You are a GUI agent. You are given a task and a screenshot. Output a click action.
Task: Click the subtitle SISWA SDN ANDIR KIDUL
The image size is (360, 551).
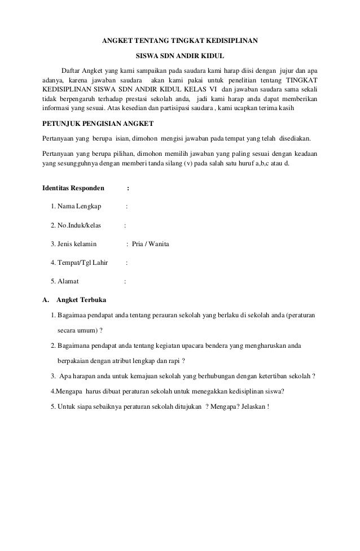pos(180,56)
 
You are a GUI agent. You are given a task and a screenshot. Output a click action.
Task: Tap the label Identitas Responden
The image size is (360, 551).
pos(76,188)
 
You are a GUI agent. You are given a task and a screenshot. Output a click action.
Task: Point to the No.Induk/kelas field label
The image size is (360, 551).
pos(76,225)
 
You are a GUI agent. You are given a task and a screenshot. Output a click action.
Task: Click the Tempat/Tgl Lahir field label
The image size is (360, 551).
pos(79,263)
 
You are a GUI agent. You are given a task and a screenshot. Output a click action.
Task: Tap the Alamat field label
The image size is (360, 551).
pos(65,281)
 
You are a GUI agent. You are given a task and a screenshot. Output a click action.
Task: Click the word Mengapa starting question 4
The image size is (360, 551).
pos(69,392)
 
